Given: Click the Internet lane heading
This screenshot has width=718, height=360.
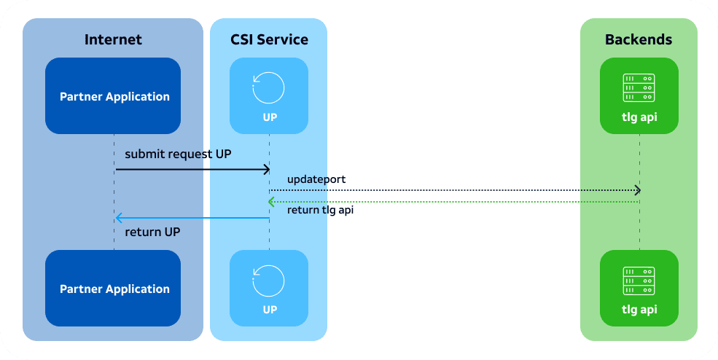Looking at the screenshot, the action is pos(113,39).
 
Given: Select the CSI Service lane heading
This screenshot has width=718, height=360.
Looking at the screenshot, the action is pos(269,39).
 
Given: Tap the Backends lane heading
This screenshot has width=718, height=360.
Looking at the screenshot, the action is pos(639,39).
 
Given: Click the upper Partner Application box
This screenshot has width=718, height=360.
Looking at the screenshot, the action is pos(113,95).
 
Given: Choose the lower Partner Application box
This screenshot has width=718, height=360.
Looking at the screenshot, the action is pos(113,288).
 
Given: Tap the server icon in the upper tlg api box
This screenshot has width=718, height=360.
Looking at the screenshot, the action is pos(639,88).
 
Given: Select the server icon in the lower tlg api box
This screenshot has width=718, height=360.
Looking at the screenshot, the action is pos(639,281).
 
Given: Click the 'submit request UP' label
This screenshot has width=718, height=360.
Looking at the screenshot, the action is pos(178,154).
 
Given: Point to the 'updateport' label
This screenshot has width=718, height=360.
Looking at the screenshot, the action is pos(316,179).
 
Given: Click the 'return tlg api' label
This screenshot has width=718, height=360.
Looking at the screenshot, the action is pos(320,210).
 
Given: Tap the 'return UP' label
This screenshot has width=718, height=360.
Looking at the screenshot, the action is pos(152,232).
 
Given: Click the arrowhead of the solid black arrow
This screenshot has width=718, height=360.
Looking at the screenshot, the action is pos(268,170).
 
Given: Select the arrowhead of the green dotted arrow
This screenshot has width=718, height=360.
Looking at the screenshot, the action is pos(270,202).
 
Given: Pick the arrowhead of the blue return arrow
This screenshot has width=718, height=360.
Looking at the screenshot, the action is pos(118,218).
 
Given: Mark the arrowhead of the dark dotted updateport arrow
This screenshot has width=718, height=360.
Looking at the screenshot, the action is pos(637,190).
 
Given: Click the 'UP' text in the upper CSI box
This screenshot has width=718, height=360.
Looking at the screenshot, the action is pos(270,117).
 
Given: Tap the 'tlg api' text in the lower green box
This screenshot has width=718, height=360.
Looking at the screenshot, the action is pos(639,310).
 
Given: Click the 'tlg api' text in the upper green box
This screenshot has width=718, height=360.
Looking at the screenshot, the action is pos(639,117).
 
